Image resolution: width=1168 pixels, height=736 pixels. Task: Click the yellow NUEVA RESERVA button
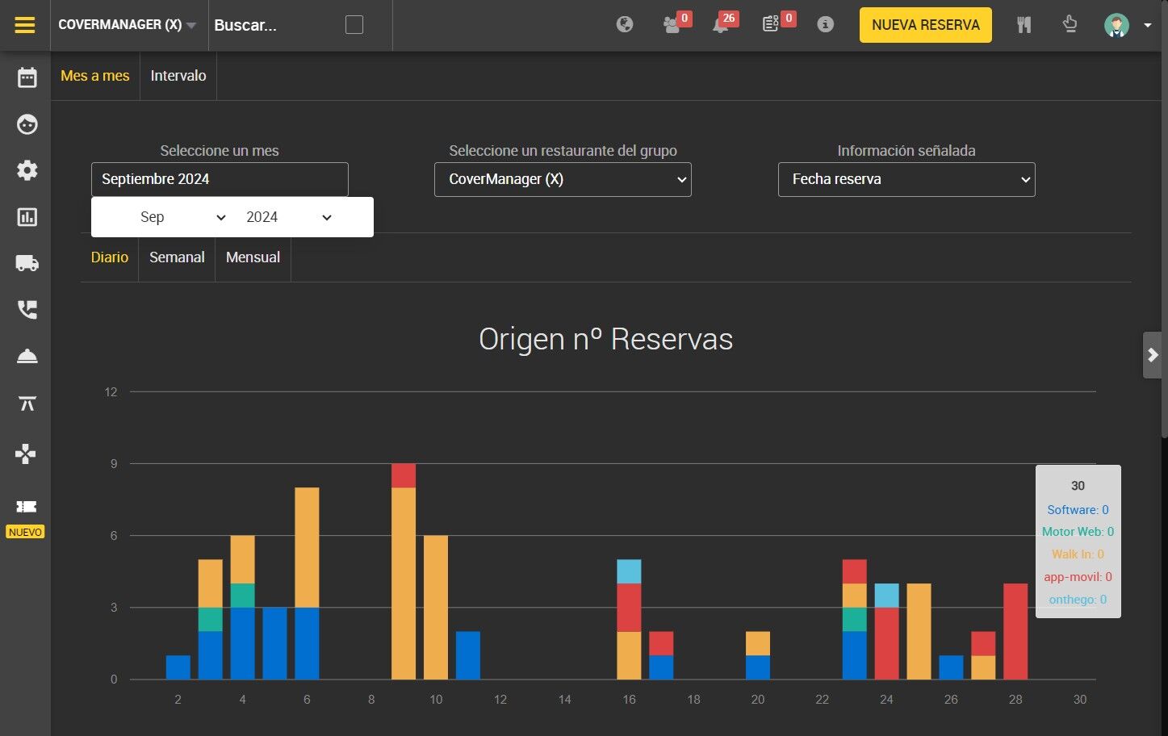(x=926, y=25)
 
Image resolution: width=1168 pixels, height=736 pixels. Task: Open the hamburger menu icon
(x=25, y=25)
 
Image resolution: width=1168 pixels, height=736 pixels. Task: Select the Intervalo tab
(x=178, y=76)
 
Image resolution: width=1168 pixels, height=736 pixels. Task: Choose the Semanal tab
(x=177, y=257)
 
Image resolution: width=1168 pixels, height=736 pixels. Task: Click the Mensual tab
(x=253, y=257)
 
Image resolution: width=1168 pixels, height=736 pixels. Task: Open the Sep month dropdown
(x=182, y=217)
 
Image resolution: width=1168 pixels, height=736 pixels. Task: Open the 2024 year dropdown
(x=289, y=217)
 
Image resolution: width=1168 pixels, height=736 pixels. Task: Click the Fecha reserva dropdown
(x=906, y=179)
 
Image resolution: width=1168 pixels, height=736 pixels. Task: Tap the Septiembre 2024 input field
(x=220, y=179)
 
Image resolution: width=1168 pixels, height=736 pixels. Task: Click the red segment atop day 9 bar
(x=404, y=475)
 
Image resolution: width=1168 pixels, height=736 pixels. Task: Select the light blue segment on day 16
(x=629, y=571)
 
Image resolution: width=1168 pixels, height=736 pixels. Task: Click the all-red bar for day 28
(x=1015, y=631)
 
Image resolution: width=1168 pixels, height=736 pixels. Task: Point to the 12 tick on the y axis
(x=111, y=392)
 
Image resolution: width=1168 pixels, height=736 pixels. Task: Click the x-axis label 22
(x=822, y=699)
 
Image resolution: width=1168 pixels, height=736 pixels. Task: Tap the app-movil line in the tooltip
(x=1078, y=576)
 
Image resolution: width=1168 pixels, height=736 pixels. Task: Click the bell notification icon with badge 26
(x=722, y=25)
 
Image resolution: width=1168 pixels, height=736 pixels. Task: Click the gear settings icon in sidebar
(x=27, y=170)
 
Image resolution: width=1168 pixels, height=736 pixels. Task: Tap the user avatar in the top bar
(x=1116, y=25)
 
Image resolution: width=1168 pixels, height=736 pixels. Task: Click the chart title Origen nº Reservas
(x=605, y=339)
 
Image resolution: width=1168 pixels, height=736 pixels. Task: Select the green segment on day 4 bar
(x=242, y=596)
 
